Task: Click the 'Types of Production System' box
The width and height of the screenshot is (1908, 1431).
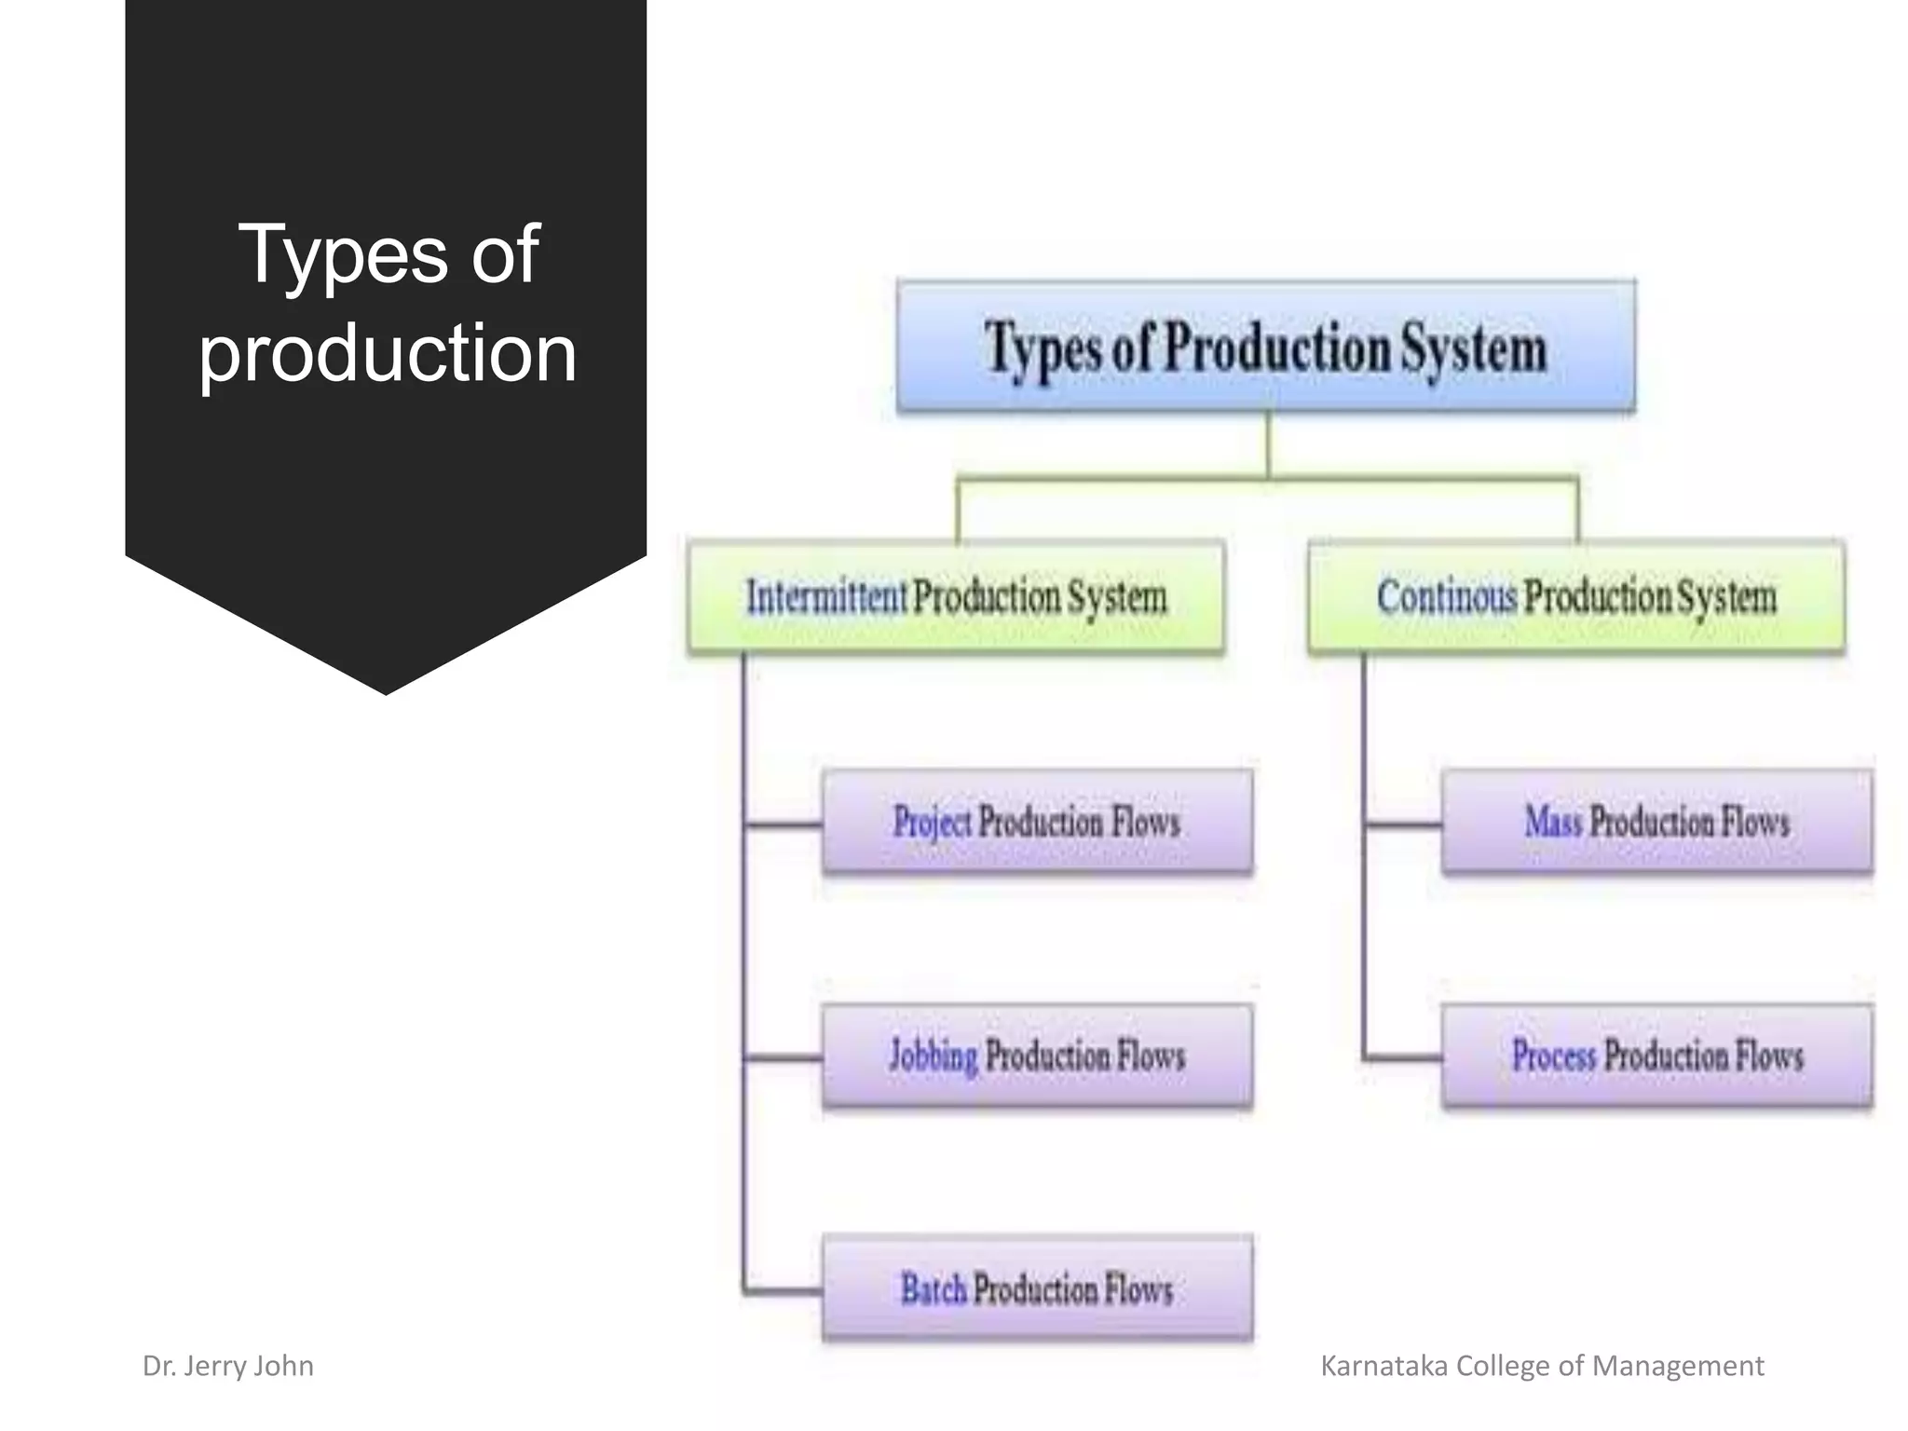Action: pyautogui.click(x=1265, y=346)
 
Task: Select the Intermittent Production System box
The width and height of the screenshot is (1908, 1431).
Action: pyautogui.click(x=956, y=596)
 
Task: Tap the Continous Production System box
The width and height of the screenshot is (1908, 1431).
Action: pyautogui.click(x=1576, y=596)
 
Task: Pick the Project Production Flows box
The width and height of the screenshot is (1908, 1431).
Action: pyautogui.click(x=1037, y=822)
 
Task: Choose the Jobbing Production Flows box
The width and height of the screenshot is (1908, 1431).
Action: pyautogui.click(x=1037, y=1056)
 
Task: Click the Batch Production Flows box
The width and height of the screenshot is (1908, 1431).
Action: pyautogui.click(x=1037, y=1289)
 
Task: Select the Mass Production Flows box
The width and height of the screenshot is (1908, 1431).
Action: pyautogui.click(x=1656, y=822)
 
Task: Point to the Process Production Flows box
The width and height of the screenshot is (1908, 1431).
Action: pyautogui.click(x=1656, y=1056)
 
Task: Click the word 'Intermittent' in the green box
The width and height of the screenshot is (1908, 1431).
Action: pyautogui.click(x=826, y=596)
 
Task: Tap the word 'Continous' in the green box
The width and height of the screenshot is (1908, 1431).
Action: pyautogui.click(x=1447, y=596)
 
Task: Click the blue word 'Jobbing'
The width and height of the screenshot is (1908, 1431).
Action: pyautogui.click(x=934, y=1056)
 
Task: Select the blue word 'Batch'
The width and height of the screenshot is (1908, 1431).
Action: pyautogui.click(x=934, y=1289)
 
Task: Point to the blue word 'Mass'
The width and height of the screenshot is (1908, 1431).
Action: pyautogui.click(x=1553, y=822)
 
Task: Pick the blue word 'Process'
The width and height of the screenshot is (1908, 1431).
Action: pyautogui.click(x=1554, y=1056)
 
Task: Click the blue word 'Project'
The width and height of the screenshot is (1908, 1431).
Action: pyautogui.click(x=932, y=822)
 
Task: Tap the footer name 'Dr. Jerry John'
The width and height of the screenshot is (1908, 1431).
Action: pyautogui.click(x=228, y=1366)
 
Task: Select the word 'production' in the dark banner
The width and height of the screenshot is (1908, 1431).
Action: pyautogui.click(x=388, y=354)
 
